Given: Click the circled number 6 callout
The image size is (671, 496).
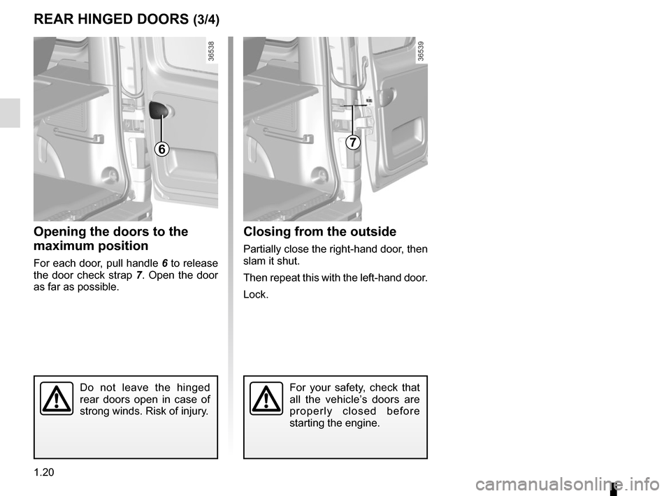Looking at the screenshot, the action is point(161,149).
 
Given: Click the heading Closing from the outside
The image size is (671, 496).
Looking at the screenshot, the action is point(319,232).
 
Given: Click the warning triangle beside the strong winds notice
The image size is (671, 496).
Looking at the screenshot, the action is point(57,400).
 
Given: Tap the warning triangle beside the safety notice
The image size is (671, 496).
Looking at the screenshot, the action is point(266,400).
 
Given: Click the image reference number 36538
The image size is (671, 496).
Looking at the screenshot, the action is point(211,52).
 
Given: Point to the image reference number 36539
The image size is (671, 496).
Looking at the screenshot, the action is point(421,52).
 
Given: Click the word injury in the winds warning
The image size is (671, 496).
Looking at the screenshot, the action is point(191,411).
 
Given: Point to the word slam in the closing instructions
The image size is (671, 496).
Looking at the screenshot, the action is point(254,261).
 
